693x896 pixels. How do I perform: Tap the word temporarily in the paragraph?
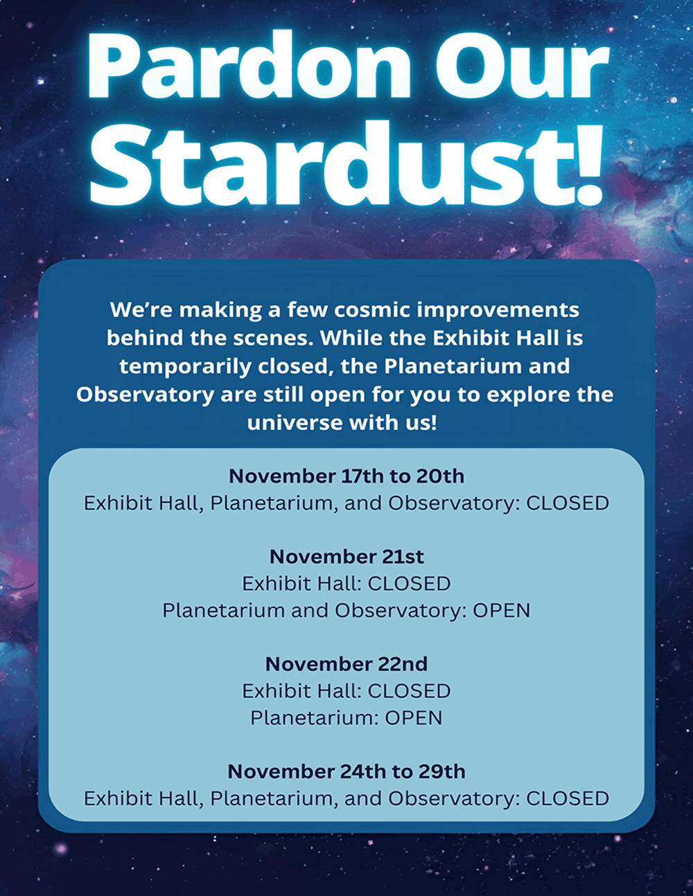tap(186, 367)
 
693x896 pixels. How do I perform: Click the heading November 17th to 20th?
tap(346, 476)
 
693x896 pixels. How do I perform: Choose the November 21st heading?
tap(346, 557)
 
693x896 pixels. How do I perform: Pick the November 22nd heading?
tap(346, 664)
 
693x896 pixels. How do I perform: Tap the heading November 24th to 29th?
tap(346, 771)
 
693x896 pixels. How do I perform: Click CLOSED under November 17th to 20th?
tap(568, 503)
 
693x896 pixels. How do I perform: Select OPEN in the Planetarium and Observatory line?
tap(501, 611)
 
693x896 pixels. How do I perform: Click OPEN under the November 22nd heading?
tap(414, 718)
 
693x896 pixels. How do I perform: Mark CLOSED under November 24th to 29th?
tap(568, 798)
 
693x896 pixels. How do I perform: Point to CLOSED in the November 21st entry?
tap(409, 584)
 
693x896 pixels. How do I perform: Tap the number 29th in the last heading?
tap(442, 771)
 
